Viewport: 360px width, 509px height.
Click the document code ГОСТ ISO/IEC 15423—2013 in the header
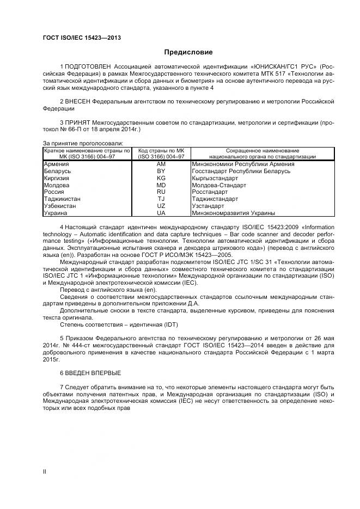[81, 38]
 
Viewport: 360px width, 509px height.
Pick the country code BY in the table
[161, 171]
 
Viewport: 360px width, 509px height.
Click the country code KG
[161, 178]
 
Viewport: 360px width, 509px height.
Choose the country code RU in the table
[161, 192]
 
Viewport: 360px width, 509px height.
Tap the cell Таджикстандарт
[215, 199]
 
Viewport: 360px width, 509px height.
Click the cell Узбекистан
[59, 206]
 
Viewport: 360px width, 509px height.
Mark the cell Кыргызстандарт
[215, 178]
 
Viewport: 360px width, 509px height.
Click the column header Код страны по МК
[161, 150]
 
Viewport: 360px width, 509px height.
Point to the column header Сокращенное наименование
[254, 150]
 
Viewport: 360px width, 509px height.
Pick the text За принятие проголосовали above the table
[83, 143]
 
